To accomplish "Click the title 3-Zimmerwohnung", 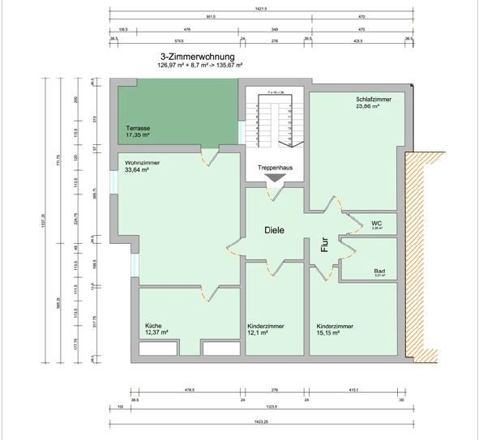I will [198, 57].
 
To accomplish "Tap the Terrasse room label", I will [138, 128].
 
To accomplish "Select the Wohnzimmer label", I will [143, 163].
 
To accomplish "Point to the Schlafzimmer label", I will [373, 99].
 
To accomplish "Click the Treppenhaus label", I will [275, 167].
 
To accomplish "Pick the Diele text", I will [275, 229].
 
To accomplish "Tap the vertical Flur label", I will [323, 246].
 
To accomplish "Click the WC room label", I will [376, 223].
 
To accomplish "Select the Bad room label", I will [378, 271].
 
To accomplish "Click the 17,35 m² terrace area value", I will [139, 136].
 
